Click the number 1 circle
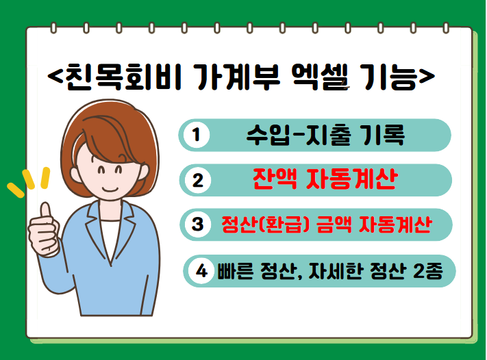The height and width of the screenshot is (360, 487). (196, 135)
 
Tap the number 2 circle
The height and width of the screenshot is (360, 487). (198, 180)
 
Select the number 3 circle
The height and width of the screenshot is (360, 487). (198, 224)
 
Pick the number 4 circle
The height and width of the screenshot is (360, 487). (201, 271)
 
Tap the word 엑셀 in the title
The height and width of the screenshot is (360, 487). (321, 77)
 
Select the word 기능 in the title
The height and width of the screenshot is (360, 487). (390, 77)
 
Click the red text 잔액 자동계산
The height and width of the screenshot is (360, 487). (325, 179)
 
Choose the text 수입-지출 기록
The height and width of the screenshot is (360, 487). (325, 135)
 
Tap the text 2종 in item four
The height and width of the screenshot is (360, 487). (427, 271)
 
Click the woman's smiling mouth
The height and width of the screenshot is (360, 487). (110, 189)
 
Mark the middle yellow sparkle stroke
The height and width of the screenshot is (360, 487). (28, 179)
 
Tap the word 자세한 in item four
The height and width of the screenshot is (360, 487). (336, 271)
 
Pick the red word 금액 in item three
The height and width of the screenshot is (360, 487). (334, 224)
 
